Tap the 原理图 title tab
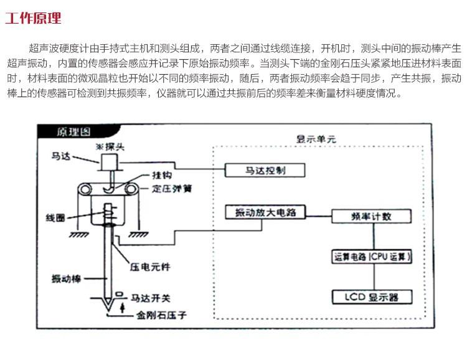(73, 132)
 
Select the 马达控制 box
(257, 170)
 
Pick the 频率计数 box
(372, 216)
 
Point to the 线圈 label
(55, 219)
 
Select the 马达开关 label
(151, 297)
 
